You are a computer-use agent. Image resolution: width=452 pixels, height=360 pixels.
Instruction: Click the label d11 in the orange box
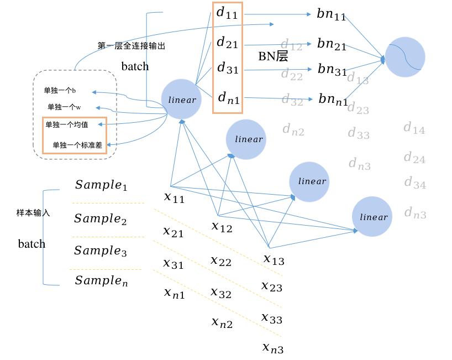227,14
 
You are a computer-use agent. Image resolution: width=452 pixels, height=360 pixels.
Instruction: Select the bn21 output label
332,44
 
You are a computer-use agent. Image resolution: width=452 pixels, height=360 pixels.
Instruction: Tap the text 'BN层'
273,56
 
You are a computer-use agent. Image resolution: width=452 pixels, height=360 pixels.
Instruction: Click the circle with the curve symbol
404,57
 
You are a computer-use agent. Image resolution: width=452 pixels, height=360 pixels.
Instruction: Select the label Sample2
101,219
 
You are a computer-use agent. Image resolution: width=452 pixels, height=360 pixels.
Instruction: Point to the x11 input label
174,197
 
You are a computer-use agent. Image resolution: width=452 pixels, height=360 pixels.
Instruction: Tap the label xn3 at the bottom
272,348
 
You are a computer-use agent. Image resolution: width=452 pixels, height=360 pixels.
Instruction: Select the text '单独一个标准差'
77,145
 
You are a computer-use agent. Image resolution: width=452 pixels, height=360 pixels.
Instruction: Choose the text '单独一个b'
60,90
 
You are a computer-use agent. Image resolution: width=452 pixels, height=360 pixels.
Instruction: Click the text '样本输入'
33,212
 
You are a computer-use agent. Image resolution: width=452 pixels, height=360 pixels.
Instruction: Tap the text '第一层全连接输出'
131,46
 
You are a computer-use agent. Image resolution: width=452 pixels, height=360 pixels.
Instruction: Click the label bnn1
333,100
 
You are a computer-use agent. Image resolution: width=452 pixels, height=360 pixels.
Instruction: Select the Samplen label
101,281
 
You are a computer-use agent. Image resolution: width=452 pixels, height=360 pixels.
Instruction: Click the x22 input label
221,261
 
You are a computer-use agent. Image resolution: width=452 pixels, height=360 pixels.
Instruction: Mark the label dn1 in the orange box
228,98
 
